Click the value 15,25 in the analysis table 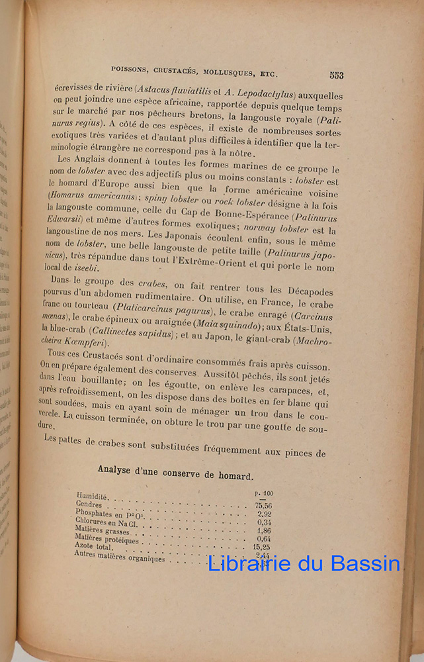(x=263, y=547)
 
